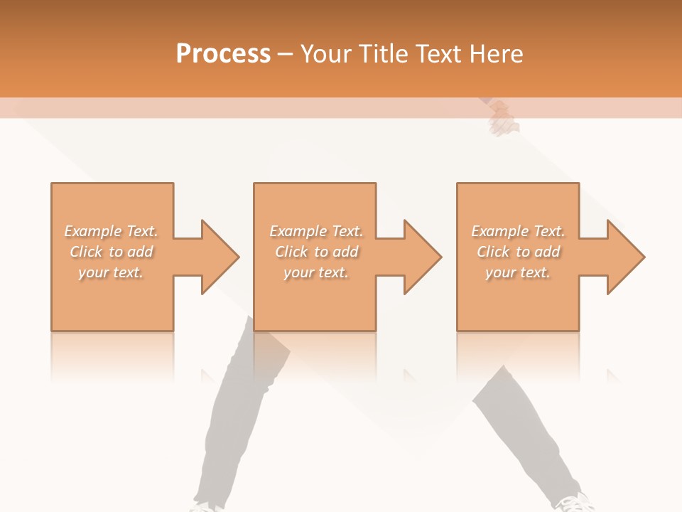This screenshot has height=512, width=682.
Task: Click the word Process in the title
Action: click(x=223, y=54)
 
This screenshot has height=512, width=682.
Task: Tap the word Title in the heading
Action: click(x=381, y=54)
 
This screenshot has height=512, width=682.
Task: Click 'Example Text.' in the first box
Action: click(x=111, y=231)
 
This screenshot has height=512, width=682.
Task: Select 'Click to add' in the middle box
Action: click(x=316, y=252)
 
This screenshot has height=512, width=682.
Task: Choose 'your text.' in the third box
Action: click(x=518, y=272)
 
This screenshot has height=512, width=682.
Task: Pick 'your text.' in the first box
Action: click(x=111, y=272)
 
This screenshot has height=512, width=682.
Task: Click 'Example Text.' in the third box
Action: click(x=518, y=231)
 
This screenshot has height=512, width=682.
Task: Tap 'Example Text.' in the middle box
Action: click(x=316, y=231)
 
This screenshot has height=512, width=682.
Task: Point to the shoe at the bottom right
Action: click(x=573, y=503)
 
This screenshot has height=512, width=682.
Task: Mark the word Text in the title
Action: click(x=441, y=54)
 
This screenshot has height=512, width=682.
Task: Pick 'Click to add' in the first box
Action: click(x=111, y=252)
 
